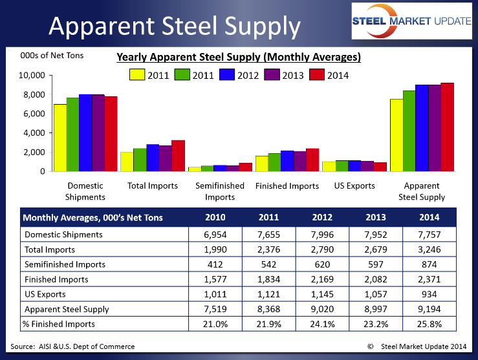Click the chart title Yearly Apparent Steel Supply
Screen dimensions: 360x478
(238, 57)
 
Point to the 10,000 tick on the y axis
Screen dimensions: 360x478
(30, 76)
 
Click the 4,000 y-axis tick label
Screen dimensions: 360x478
(32, 133)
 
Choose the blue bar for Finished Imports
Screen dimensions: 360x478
(287, 161)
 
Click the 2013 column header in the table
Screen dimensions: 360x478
(376, 218)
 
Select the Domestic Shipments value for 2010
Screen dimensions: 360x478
(214, 234)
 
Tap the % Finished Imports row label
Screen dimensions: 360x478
(59, 324)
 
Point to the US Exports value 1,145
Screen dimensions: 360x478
(321, 294)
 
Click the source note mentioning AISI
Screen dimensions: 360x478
(73, 346)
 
